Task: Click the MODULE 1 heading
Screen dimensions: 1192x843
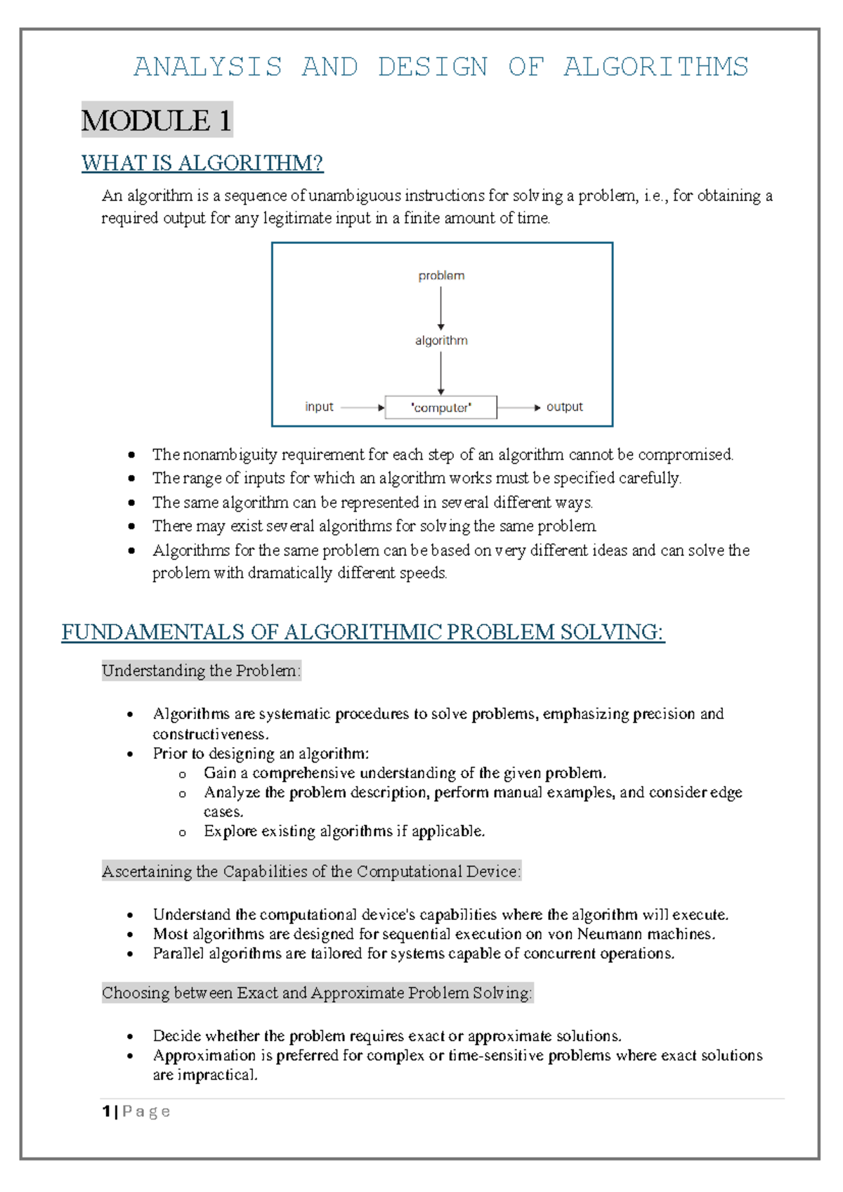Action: [x=156, y=121]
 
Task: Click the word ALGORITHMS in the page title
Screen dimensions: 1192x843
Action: [x=655, y=67]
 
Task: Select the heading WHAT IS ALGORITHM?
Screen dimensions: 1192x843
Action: [x=202, y=163]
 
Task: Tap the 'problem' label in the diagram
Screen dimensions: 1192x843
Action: [x=441, y=276]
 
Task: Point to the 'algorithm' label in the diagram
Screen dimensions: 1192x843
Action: [x=441, y=340]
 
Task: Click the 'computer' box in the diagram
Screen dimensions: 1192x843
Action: [x=441, y=407]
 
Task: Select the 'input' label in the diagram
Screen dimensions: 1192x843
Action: [x=319, y=407]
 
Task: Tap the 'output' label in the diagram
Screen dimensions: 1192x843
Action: [x=564, y=407]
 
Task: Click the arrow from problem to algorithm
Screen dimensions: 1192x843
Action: [x=441, y=308]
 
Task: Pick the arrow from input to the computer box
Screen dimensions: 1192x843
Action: [x=362, y=408]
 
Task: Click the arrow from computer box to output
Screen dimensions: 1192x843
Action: [x=519, y=408]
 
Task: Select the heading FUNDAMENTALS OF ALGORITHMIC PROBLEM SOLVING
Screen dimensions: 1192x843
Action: [x=362, y=632]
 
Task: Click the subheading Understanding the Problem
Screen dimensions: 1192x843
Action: [x=201, y=670]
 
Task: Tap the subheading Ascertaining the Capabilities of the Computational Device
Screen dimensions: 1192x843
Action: [x=311, y=872]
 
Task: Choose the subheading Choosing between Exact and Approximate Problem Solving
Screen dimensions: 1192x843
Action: [x=317, y=993]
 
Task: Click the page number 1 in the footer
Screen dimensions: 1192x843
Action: [x=106, y=1111]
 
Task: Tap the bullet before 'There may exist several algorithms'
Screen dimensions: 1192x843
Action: [x=131, y=526]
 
